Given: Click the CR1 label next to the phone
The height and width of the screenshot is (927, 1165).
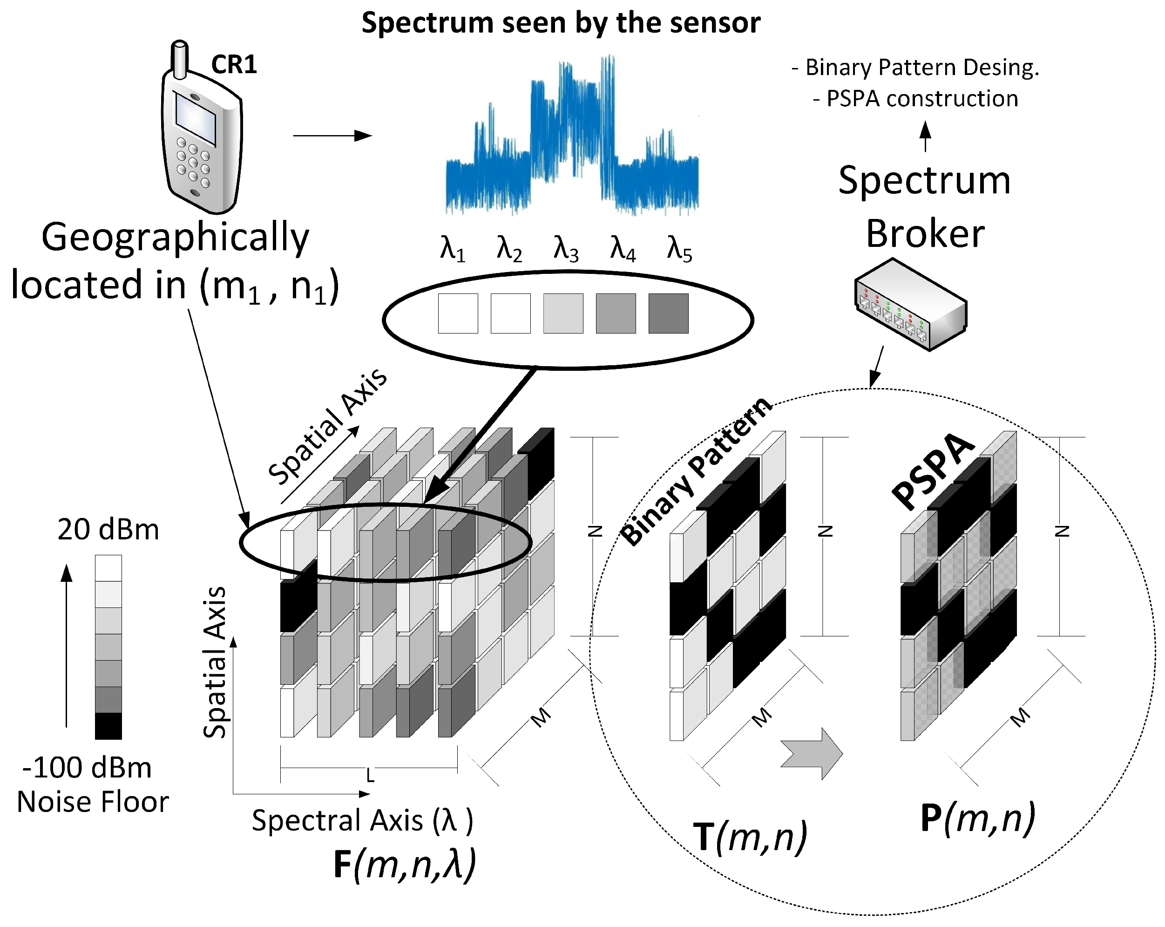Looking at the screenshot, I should pos(233,64).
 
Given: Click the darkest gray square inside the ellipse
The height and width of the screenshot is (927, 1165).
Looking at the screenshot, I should pos(669,314).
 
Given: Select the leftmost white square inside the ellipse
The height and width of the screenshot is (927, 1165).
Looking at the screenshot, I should pos(458,314).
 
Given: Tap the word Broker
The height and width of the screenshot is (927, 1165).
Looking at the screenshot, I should pos(925,233).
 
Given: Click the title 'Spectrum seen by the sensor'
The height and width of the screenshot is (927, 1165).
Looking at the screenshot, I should pos(561,23).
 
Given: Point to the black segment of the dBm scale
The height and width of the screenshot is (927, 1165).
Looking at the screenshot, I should pos(108,726).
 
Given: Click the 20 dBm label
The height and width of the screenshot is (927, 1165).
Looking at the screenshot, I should pos(108,530).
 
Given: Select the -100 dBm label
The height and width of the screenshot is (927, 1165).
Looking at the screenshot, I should pos(87,768).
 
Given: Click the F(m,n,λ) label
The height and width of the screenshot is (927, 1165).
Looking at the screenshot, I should pos(405,864).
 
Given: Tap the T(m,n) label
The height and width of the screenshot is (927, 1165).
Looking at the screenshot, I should pos(750,836).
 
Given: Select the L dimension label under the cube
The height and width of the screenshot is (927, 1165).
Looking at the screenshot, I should pos(370,776).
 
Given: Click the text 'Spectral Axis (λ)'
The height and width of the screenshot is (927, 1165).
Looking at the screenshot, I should pos(362,820).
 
